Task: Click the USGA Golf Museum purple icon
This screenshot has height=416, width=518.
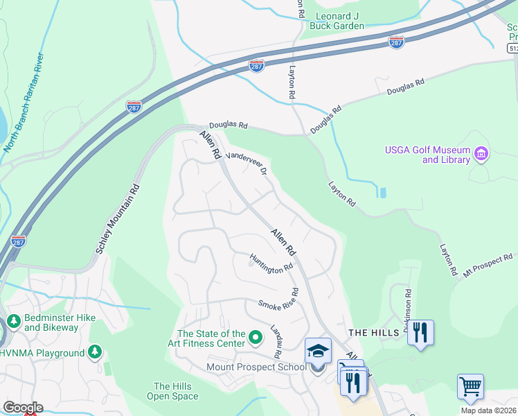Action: point(481,154)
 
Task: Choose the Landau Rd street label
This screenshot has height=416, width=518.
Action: point(275,341)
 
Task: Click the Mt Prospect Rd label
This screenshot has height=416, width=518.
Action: point(490,266)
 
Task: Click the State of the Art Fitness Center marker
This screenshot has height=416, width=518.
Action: point(256,338)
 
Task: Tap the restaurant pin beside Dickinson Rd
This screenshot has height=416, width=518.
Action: point(420,333)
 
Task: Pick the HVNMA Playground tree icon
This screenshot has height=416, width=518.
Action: point(95,353)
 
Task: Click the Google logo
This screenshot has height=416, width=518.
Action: point(23,408)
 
